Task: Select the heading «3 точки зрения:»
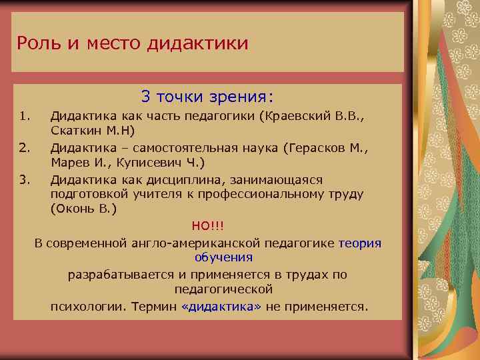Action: tap(207, 97)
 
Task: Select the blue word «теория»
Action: tap(360, 243)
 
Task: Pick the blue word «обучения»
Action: tap(223, 257)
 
